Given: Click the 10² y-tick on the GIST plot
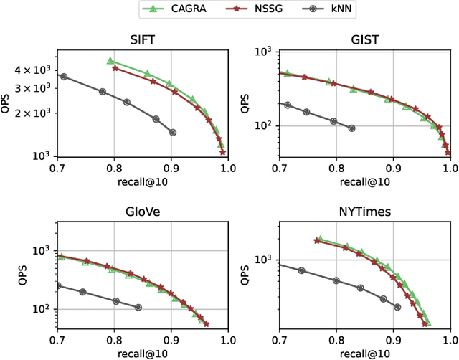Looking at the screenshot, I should tap(263, 126).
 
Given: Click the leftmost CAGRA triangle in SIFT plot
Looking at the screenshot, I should tap(110, 61).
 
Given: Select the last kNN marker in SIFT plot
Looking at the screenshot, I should tap(172, 133).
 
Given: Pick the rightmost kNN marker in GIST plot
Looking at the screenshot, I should tap(351, 128).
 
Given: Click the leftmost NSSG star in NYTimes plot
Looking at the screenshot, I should tap(317, 241).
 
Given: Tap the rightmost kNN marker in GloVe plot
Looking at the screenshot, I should tap(138, 308).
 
